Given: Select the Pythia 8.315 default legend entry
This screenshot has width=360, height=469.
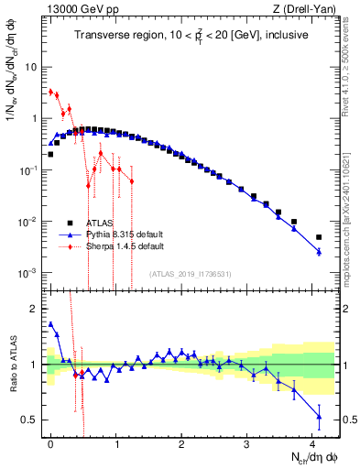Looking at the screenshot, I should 118,234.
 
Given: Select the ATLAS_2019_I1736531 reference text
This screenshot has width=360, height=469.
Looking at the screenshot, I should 191,274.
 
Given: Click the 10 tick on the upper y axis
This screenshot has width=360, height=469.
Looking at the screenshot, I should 31,67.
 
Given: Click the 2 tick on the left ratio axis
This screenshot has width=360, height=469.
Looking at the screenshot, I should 34,309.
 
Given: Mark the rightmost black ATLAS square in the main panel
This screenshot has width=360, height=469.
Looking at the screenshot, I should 319,237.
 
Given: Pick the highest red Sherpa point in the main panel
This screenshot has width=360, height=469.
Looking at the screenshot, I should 50,92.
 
